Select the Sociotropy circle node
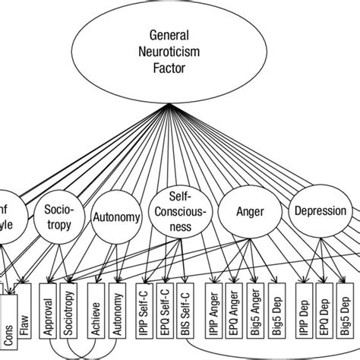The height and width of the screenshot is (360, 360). (x=65, y=216)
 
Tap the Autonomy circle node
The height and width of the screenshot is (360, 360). (x=116, y=217)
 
